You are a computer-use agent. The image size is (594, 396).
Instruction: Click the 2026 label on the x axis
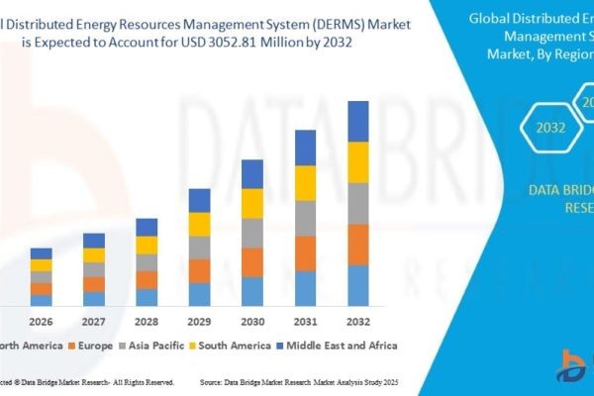point(41,321)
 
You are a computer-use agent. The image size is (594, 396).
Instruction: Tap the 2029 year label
point(200,321)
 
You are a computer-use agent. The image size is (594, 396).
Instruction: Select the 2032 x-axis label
point(357,321)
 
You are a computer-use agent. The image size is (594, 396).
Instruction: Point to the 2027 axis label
point(94,321)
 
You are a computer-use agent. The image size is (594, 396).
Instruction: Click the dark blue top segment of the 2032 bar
point(357,122)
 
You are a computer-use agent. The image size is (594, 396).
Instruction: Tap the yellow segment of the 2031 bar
point(305,183)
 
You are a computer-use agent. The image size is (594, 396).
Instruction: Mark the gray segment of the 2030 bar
point(252,234)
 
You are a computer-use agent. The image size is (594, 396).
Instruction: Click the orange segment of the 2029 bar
point(200,270)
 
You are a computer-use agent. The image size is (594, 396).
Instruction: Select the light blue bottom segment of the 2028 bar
point(147,297)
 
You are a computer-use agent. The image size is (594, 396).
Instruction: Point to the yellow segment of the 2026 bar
point(41,265)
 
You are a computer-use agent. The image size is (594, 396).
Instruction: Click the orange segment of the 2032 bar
point(357,245)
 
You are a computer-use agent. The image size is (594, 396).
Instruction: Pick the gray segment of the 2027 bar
point(94,269)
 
